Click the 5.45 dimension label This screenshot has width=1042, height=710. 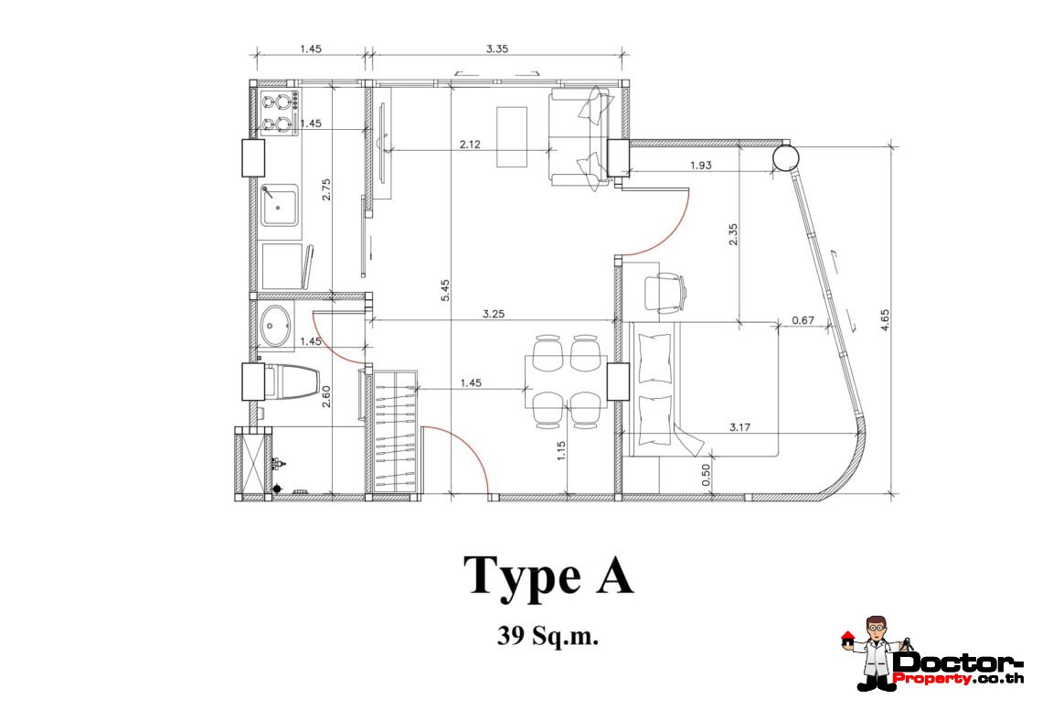(445, 290)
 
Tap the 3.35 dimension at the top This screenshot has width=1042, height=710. (497, 48)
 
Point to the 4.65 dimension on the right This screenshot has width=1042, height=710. (885, 320)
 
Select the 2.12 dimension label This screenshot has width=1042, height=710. (470, 144)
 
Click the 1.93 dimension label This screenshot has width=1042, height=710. (700, 165)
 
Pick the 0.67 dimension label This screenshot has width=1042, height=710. (803, 320)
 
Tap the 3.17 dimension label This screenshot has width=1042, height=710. (739, 427)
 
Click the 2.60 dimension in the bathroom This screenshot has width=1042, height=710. (326, 397)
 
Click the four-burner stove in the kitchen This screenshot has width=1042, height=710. (279, 113)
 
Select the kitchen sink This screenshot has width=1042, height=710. (279, 205)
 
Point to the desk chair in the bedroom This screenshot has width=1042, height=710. (665, 293)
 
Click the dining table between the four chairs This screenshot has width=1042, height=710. (566, 382)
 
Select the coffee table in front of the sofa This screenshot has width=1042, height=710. (513, 137)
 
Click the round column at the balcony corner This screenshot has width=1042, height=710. (785, 157)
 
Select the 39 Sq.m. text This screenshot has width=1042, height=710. (548, 636)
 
